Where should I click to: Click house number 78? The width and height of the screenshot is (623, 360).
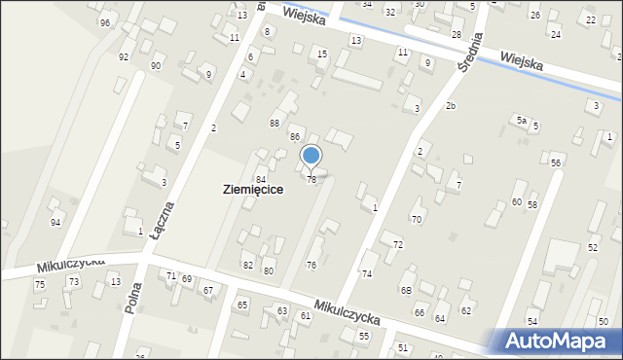pos(311,180)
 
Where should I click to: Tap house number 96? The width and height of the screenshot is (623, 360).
pos(104,22)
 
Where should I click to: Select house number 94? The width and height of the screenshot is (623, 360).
pos(55,223)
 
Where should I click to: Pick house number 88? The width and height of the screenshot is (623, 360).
pos(275,123)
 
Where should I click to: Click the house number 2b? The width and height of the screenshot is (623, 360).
pos(450,105)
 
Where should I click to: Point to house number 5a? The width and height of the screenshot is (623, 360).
pos(522,121)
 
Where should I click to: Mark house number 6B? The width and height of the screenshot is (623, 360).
pos(407,290)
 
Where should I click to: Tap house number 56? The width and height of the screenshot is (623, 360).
pos(555,163)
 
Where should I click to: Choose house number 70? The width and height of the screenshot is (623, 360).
pos(416,220)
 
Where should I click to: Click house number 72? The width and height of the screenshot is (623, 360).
pos(397,244)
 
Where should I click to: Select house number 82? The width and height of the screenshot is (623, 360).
pos(248,266)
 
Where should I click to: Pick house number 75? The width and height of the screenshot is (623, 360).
pos(40,284)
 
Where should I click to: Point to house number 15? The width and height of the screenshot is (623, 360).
pos(322,54)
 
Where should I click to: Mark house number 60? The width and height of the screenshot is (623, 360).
pos(516,202)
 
